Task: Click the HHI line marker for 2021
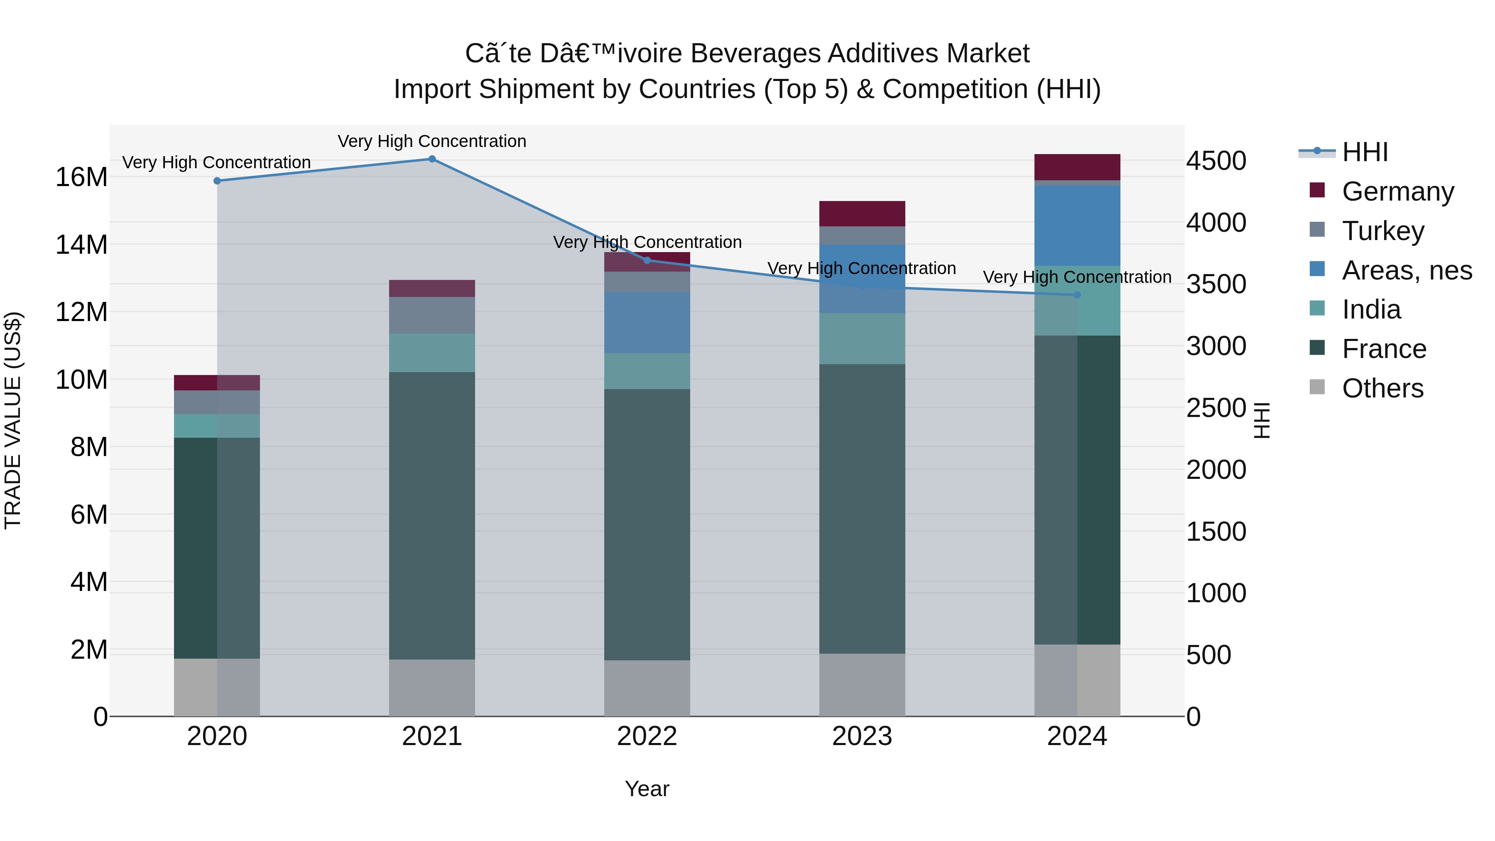[x=432, y=159]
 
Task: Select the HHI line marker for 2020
[x=217, y=181]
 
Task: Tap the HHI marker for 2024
[x=1077, y=295]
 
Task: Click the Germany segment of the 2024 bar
[x=1077, y=167]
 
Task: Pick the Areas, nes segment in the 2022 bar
[x=647, y=323]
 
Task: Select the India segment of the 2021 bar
[x=432, y=353]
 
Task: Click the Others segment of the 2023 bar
[x=862, y=685]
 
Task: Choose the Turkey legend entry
[x=1382, y=230]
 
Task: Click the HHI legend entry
[x=1364, y=152]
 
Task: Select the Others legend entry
[x=1382, y=388]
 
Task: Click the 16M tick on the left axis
[x=81, y=177]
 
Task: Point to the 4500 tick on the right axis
[x=1216, y=161]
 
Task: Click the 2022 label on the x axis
[x=647, y=736]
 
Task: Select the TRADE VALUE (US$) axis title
[x=13, y=420]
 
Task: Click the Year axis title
[x=647, y=789]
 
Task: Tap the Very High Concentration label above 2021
[x=432, y=141]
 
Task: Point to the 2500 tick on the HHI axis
[x=1216, y=408]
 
